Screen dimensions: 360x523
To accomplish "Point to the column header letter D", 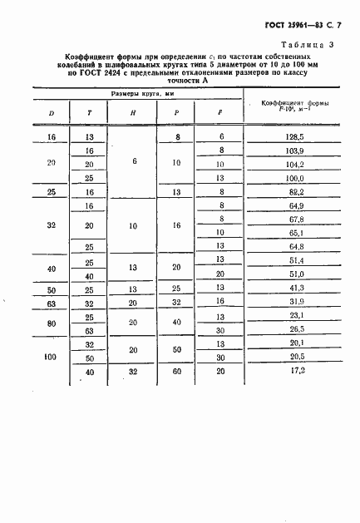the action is (x=52, y=113).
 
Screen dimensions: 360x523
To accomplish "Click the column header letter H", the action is (x=135, y=113).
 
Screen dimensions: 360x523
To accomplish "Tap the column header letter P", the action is (x=176, y=113).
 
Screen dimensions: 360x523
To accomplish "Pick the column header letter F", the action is (x=219, y=113).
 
